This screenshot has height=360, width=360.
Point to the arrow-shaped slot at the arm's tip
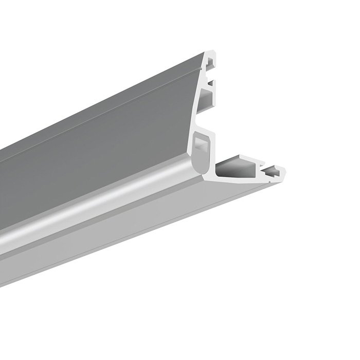coord(272,169)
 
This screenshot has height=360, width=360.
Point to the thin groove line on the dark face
coord(103,118)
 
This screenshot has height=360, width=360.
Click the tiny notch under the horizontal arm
coord(268,179)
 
